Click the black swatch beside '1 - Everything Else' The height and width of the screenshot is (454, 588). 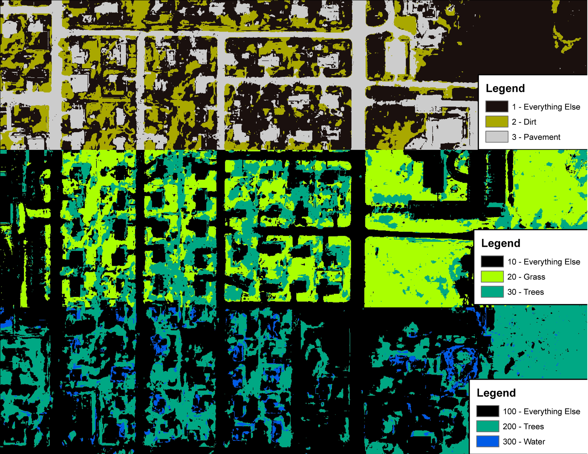pos(497,106)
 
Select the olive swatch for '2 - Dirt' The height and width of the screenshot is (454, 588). pos(497,121)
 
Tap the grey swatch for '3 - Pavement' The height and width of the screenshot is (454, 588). pos(497,137)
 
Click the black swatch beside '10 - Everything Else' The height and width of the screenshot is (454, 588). pos(492,261)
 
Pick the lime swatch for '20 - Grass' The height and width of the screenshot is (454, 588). pos(492,277)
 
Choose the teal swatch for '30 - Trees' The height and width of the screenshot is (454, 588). pos(492,292)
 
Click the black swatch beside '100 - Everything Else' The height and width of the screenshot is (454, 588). pos(488,411)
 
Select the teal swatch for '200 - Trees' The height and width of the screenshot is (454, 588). pos(488,426)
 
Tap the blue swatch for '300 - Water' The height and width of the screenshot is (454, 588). pos(488,441)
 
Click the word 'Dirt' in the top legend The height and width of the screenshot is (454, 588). pos(530,122)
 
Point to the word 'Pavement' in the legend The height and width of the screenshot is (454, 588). pos(542,137)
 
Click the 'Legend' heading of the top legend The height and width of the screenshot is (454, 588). pos(505,88)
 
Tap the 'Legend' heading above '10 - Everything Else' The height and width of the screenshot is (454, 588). pos(501,243)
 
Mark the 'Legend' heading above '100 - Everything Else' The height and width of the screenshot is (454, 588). pos(496,393)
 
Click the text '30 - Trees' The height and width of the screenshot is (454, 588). pos(526,292)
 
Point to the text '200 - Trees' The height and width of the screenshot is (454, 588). pos(523,426)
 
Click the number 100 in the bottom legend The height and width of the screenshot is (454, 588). pos(510,411)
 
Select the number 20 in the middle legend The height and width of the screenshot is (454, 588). pos(512,277)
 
